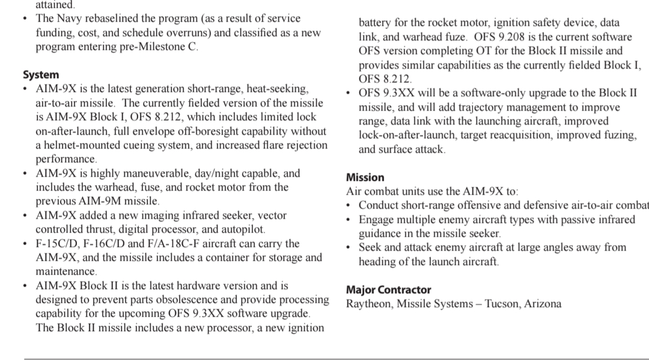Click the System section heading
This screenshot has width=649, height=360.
(41, 75)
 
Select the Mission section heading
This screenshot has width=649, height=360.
(365, 178)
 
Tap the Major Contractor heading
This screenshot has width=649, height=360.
(388, 290)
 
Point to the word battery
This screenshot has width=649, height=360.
(376, 23)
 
